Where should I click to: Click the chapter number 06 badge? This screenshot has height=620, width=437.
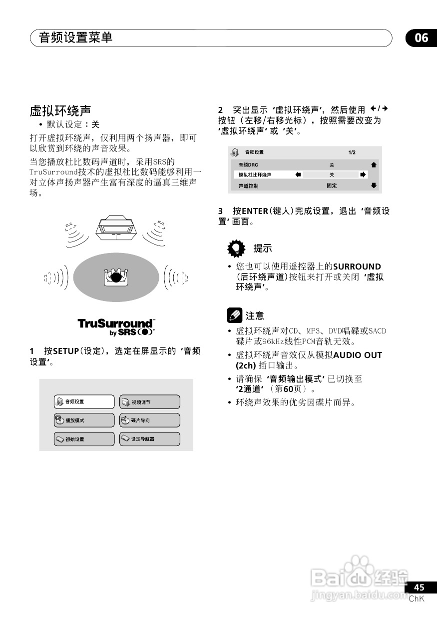point(421,38)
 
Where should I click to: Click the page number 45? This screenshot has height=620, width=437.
point(419,587)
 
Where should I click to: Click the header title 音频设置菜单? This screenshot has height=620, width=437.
point(75,38)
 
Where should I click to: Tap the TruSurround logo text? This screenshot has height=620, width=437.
point(116,324)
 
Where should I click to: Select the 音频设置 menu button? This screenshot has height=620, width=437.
point(84,401)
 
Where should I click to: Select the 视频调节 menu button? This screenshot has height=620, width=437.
point(149,401)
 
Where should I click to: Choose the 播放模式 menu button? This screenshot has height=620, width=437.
point(84,420)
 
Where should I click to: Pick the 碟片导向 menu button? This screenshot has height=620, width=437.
point(149,420)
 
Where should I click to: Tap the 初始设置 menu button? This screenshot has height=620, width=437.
point(84,439)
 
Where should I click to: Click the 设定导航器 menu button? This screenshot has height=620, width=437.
point(149,439)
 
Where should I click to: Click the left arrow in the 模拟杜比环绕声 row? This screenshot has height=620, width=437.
point(298,175)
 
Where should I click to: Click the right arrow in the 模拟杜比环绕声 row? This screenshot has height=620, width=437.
point(363,175)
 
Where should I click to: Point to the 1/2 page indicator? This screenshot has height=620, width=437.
point(352,152)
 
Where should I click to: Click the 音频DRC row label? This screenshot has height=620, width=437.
point(248,165)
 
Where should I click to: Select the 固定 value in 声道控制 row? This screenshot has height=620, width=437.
point(332,185)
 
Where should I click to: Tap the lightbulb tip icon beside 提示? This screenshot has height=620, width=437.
point(236,248)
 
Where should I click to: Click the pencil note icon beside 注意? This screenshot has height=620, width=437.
point(234,315)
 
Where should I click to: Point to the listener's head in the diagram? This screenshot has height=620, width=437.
point(116,276)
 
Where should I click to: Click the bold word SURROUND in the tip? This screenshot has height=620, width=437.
point(357,266)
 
